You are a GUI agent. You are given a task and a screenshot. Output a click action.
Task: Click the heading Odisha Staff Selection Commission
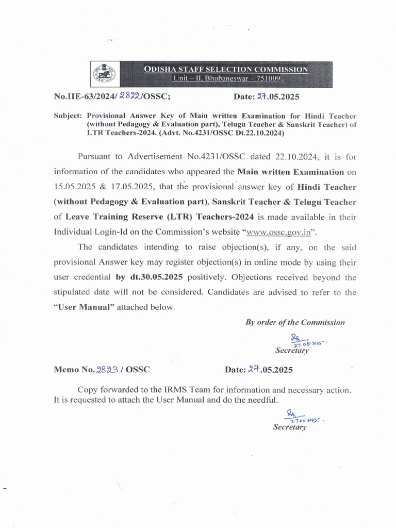(226, 70)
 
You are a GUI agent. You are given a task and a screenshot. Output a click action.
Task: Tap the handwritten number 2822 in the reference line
(129, 96)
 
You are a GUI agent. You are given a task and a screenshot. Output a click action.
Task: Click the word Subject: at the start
(68, 116)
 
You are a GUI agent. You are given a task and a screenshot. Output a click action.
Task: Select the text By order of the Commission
(295, 322)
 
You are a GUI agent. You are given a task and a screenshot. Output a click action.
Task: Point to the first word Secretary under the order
(292, 351)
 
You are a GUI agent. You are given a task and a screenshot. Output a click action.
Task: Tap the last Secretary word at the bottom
(290, 427)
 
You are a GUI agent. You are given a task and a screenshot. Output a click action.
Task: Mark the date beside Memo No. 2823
(259, 370)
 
